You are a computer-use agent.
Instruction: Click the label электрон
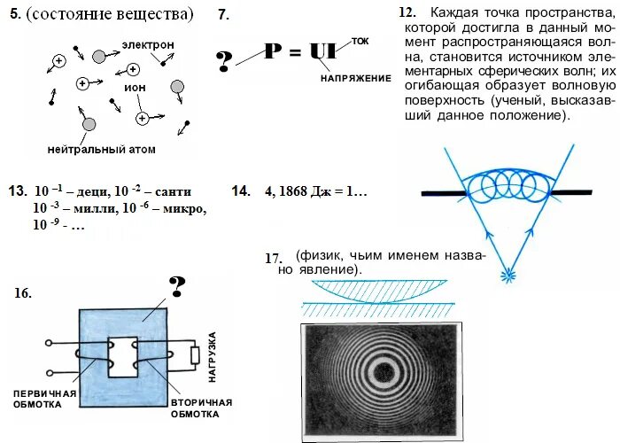(x=148, y=44)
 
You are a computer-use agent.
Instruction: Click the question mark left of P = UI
(x=225, y=61)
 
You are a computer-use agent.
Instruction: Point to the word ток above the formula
(x=360, y=42)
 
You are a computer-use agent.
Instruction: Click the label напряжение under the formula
(x=355, y=79)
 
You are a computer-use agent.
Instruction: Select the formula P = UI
(x=306, y=53)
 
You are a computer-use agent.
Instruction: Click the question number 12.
(x=407, y=13)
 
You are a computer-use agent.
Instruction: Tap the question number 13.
(x=17, y=191)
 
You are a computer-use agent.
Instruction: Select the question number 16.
(x=23, y=294)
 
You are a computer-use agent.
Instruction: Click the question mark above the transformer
(x=177, y=286)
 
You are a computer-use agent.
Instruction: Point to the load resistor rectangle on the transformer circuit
(x=194, y=356)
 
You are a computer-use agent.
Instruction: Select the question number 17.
(x=273, y=258)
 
